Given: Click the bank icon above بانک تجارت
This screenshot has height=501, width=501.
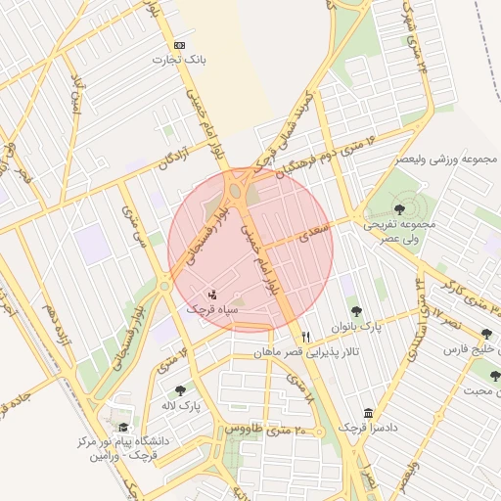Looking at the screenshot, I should [179, 46].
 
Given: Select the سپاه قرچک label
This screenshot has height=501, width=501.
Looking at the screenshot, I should [214, 309].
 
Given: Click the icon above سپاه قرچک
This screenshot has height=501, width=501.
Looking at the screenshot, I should [213, 294].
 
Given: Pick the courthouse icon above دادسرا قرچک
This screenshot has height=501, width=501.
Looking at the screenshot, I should [368, 414].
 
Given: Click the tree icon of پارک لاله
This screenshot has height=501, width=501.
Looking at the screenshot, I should [179, 390].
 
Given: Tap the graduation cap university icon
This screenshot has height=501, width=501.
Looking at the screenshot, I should [123, 428].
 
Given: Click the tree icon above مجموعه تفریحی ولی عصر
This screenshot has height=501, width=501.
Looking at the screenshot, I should [398, 208].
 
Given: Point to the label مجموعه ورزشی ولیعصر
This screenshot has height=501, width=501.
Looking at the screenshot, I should [447, 159].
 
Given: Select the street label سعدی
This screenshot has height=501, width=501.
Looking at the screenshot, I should [315, 228].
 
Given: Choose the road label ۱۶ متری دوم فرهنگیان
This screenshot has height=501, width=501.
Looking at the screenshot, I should [309, 158].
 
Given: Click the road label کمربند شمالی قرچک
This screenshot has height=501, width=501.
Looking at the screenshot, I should [287, 125].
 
